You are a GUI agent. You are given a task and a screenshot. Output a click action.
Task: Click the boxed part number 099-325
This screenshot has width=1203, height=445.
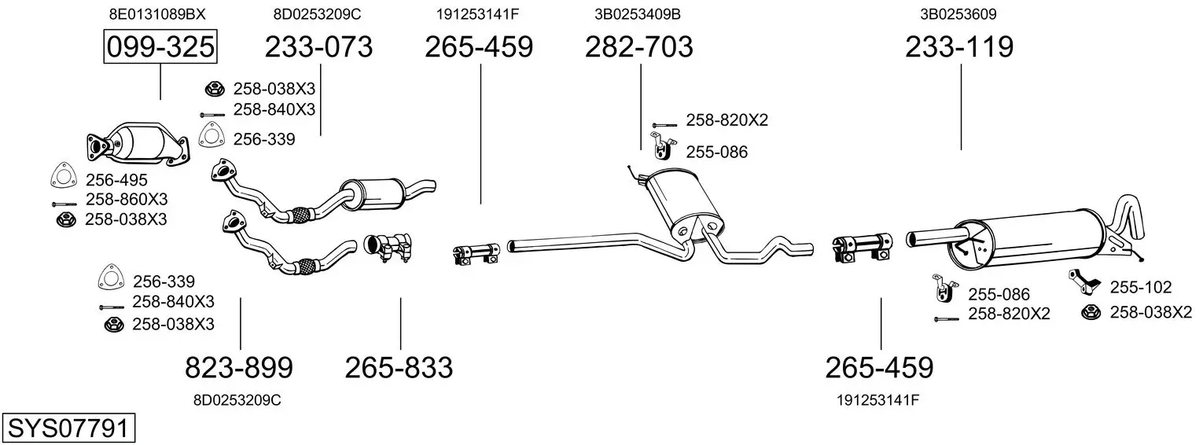click(160, 46)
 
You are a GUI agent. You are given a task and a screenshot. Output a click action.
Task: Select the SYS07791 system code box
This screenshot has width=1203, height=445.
click(68, 428)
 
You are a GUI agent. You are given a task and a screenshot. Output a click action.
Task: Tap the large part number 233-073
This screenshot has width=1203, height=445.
click(318, 46)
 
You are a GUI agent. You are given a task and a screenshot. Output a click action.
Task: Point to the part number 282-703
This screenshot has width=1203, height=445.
click(639, 46)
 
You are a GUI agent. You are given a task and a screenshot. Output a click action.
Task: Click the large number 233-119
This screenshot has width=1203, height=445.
click(959, 46)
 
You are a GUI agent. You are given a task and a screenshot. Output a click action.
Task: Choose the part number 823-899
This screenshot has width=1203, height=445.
click(239, 368)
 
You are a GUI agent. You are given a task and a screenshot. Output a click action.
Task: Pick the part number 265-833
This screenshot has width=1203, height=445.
click(399, 368)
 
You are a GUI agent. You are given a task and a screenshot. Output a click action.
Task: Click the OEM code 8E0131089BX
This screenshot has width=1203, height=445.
click(157, 14)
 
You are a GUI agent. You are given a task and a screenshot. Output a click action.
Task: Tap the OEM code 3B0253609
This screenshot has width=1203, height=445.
click(958, 14)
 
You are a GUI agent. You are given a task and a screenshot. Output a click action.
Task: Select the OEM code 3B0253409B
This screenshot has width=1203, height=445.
click(638, 14)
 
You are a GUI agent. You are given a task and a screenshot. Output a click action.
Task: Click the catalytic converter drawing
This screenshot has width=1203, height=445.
click(138, 143)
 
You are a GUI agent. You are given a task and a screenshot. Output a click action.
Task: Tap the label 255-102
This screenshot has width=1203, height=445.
click(1141, 287)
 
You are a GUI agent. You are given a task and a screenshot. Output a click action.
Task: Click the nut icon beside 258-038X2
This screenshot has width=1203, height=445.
click(1092, 312)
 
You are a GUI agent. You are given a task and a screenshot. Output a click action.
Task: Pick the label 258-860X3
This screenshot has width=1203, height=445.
click(127, 199)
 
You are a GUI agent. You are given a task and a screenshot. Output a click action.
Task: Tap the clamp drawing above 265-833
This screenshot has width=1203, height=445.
click(388, 248)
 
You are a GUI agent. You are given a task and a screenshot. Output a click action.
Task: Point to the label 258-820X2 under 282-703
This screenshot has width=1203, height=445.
click(727, 120)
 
